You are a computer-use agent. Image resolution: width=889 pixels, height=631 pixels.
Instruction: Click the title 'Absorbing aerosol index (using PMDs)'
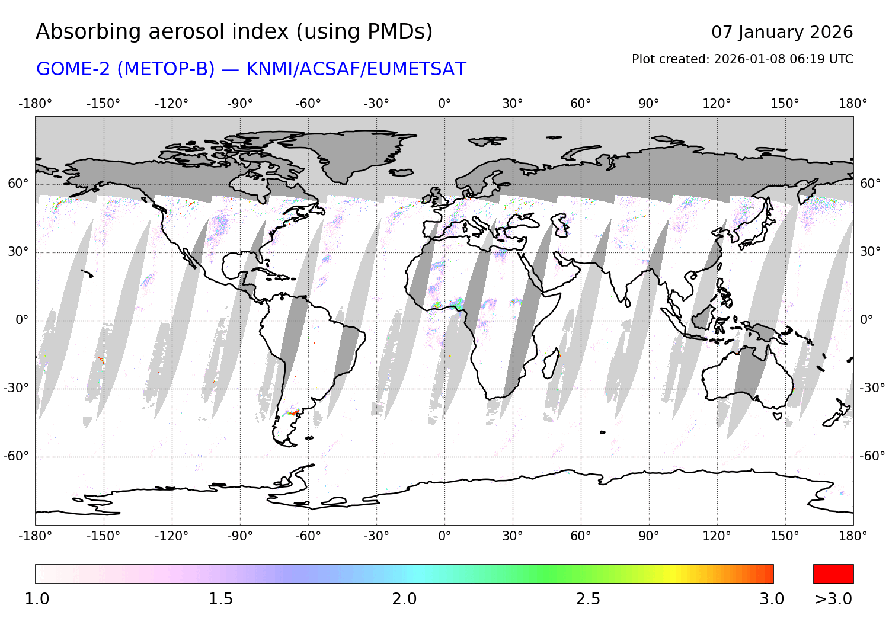pyautogui.click(x=234, y=31)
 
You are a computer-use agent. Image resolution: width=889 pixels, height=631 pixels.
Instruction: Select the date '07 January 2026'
pyautogui.click(x=782, y=32)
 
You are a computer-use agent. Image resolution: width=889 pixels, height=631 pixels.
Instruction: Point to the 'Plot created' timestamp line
pyautogui.click(x=742, y=59)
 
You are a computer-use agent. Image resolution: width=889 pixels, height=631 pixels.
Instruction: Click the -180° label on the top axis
pyautogui.click(x=36, y=104)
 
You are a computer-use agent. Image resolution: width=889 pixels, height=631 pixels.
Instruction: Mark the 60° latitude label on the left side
pyautogui.click(x=18, y=184)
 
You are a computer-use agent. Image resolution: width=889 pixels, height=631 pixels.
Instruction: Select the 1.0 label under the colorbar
pyautogui.click(x=37, y=599)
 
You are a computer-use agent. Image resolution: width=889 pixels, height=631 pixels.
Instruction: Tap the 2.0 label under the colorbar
pyautogui.click(x=404, y=599)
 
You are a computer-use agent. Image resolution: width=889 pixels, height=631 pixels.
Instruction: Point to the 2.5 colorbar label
pyautogui.click(x=588, y=599)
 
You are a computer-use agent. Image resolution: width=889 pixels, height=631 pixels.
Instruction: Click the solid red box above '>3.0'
pyautogui.click(x=833, y=574)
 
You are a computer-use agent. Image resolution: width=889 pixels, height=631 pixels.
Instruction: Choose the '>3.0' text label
pyautogui.click(x=833, y=599)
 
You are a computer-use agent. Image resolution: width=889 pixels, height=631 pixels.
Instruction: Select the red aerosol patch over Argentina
pyautogui.click(x=293, y=411)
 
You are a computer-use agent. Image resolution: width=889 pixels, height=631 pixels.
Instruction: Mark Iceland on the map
pyautogui.click(x=402, y=172)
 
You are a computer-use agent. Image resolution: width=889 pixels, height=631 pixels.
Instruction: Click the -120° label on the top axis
pyautogui.click(x=172, y=104)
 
